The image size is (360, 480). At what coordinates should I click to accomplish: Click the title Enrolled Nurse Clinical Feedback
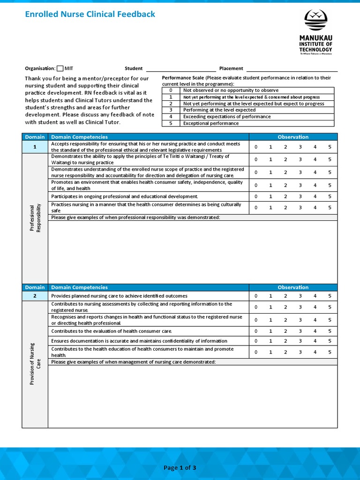click(90, 14)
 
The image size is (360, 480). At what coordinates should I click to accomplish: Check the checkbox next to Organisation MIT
click(60, 68)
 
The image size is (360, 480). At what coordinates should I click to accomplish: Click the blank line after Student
click(181, 68)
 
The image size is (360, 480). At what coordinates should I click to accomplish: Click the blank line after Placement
click(292, 68)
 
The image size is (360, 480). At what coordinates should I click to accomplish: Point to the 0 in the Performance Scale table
click(171, 90)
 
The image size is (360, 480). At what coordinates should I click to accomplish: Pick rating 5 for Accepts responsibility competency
click(330, 147)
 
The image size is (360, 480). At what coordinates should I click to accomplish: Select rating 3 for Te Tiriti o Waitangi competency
click(300, 159)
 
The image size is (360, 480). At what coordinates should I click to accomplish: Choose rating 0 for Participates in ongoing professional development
click(256, 196)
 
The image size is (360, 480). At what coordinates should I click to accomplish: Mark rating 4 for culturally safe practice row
click(315, 208)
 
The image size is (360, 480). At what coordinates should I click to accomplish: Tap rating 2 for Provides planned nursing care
click(285, 296)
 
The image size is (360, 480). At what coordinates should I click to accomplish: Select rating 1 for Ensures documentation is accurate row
click(270, 341)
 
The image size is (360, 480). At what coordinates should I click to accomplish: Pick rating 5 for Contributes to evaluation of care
click(330, 331)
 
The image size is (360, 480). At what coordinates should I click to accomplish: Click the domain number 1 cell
click(35, 147)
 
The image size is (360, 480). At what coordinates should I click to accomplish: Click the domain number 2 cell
click(35, 296)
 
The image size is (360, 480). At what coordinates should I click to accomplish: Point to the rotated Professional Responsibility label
click(35, 218)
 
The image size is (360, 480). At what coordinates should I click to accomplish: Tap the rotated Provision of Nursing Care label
click(35, 364)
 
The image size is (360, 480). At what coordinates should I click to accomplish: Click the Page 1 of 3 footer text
click(180, 467)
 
